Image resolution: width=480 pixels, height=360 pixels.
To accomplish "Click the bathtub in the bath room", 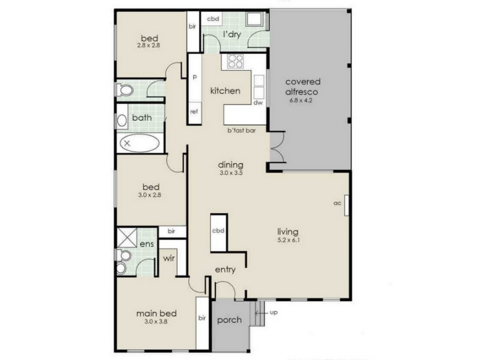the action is (140, 143).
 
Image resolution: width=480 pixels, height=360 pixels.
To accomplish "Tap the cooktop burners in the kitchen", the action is (235, 61).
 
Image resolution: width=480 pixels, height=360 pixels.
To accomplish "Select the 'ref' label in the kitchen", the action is (194, 112).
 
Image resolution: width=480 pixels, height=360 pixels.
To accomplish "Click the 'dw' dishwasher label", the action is (258, 103).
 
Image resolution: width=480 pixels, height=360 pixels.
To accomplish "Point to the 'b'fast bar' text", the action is (242, 130).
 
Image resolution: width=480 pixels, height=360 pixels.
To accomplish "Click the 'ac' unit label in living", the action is (337, 203).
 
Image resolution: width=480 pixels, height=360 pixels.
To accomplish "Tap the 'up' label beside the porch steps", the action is (274, 313).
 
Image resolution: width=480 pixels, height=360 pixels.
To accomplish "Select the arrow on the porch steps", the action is (261, 313).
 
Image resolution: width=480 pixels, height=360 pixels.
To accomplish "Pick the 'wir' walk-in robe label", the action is (169, 258).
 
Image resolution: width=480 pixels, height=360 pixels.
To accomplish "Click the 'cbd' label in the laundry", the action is (213, 19).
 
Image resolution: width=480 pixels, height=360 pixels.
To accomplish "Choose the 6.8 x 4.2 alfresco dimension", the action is (301, 100).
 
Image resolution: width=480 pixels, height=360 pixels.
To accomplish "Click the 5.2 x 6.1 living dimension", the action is (289, 240).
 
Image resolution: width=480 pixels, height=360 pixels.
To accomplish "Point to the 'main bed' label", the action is (157, 313).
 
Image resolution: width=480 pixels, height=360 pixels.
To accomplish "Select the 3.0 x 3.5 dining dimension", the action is (231, 173).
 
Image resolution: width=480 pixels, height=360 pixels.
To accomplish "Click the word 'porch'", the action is (229, 320).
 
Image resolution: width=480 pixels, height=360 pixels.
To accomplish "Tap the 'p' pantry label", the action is (194, 77).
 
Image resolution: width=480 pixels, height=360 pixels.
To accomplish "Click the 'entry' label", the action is (226, 269).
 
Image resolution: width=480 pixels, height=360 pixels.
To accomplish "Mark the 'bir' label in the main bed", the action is (202, 318).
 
